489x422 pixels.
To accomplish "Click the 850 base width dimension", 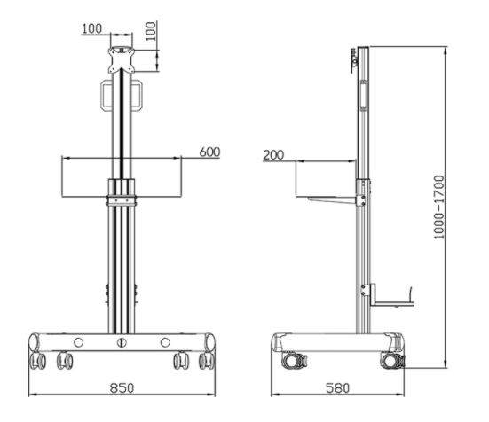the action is coord(122,387).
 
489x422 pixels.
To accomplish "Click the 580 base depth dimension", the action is coord(338,387).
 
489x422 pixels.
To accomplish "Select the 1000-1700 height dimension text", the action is coord(438,207).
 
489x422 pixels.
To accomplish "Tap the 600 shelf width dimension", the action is coord(209,152).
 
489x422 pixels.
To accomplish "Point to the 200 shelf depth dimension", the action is coord(273,155).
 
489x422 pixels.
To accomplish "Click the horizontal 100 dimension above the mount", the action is coord(91,28).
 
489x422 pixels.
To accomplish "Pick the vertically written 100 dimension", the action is coord(151,31).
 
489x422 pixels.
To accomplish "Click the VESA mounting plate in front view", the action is coord(122,60).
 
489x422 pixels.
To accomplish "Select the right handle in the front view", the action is coord(137,95).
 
